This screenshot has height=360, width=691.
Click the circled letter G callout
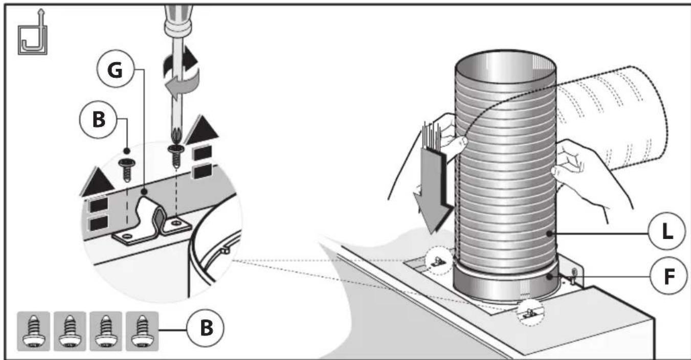click(116, 69)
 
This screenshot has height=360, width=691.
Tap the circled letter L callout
click(666, 231)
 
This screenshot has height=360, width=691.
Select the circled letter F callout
click(668, 276)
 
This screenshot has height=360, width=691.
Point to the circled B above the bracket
click(98, 119)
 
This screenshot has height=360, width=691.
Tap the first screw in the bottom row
click(34, 331)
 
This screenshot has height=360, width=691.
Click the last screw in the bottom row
click(142, 331)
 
